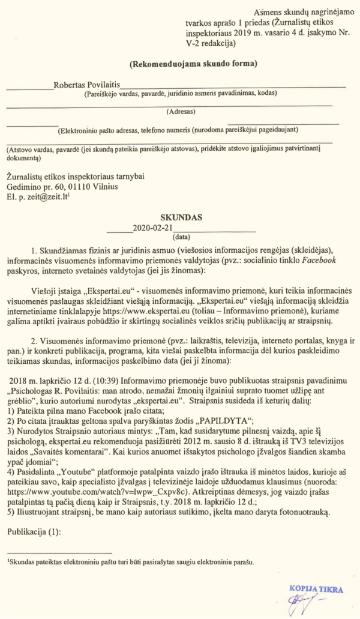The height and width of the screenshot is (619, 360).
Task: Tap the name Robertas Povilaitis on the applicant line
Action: click(87, 86)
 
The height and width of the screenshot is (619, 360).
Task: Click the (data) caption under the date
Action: click(181, 238)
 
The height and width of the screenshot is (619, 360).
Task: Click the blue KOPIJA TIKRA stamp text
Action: click(316, 589)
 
